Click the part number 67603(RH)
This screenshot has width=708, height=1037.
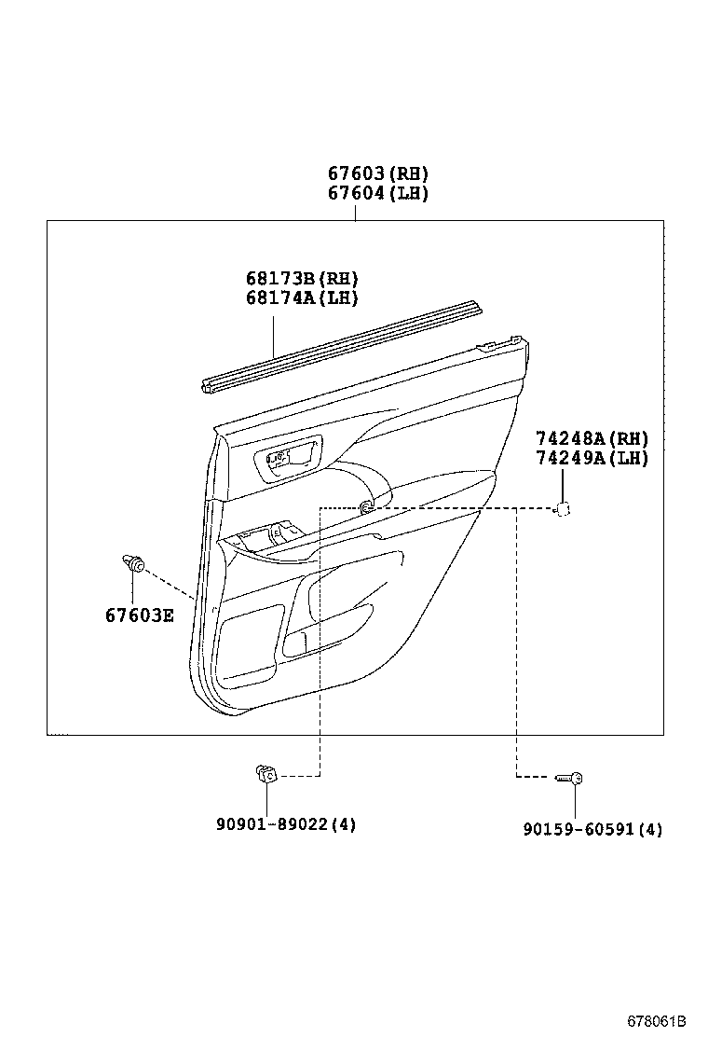(377, 173)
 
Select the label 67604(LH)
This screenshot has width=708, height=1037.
(377, 194)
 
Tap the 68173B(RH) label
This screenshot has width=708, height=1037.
(302, 278)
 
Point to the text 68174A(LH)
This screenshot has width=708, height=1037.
(302, 297)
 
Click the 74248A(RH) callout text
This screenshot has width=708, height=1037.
(592, 438)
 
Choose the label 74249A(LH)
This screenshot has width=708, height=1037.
(592, 458)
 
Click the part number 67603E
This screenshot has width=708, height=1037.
(139, 615)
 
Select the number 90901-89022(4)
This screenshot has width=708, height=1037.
(285, 824)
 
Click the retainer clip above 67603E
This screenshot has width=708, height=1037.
(132, 562)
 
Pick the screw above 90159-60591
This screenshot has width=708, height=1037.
(569, 777)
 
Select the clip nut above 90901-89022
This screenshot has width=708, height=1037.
(265, 773)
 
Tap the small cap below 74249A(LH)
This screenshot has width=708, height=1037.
(563, 508)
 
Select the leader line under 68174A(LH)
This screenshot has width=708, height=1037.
(274, 336)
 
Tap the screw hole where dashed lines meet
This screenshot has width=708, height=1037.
(367, 507)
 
